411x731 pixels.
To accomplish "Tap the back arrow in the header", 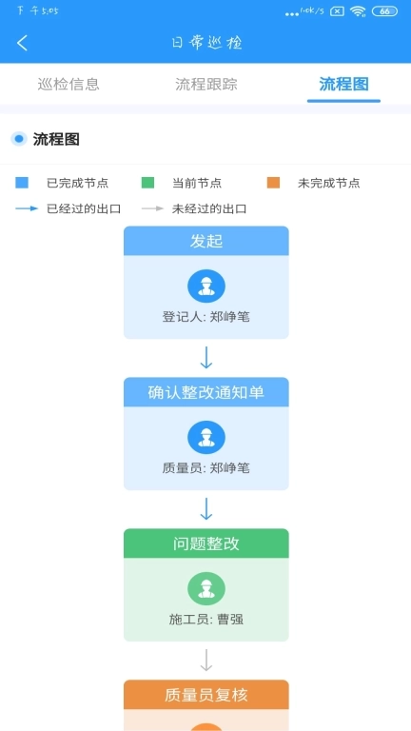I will [x=23, y=43].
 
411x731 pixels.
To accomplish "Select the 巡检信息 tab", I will [x=68, y=84].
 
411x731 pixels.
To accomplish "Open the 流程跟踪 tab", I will [x=206, y=84].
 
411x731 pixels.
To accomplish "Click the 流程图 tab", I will [x=343, y=84].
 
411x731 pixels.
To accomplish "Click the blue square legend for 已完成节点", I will [x=23, y=183].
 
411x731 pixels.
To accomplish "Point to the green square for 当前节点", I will [x=147, y=183].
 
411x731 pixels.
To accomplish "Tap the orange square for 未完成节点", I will [x=273, y=183].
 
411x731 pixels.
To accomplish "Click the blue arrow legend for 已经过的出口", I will [x=28, y=208].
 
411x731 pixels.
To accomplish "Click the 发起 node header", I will [x=206, y=241].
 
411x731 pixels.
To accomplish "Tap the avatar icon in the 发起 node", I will [x=206, y=286].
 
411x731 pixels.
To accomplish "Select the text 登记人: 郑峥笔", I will [x=206, y=317].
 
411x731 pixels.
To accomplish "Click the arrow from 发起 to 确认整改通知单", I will [x=206, y=358].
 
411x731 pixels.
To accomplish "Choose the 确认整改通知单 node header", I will [x=206, y=392].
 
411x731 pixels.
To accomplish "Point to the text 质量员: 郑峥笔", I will [x=206, y=468].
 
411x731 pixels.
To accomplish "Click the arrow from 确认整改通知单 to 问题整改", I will [x=206, y=509].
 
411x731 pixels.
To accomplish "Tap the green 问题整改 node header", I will [x=206, y=543].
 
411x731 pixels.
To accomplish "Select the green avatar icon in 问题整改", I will [x=206, y=588].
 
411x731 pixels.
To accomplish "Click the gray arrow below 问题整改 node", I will [x=206, y=661].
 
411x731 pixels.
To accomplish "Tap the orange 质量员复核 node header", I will [x=206, y=695].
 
